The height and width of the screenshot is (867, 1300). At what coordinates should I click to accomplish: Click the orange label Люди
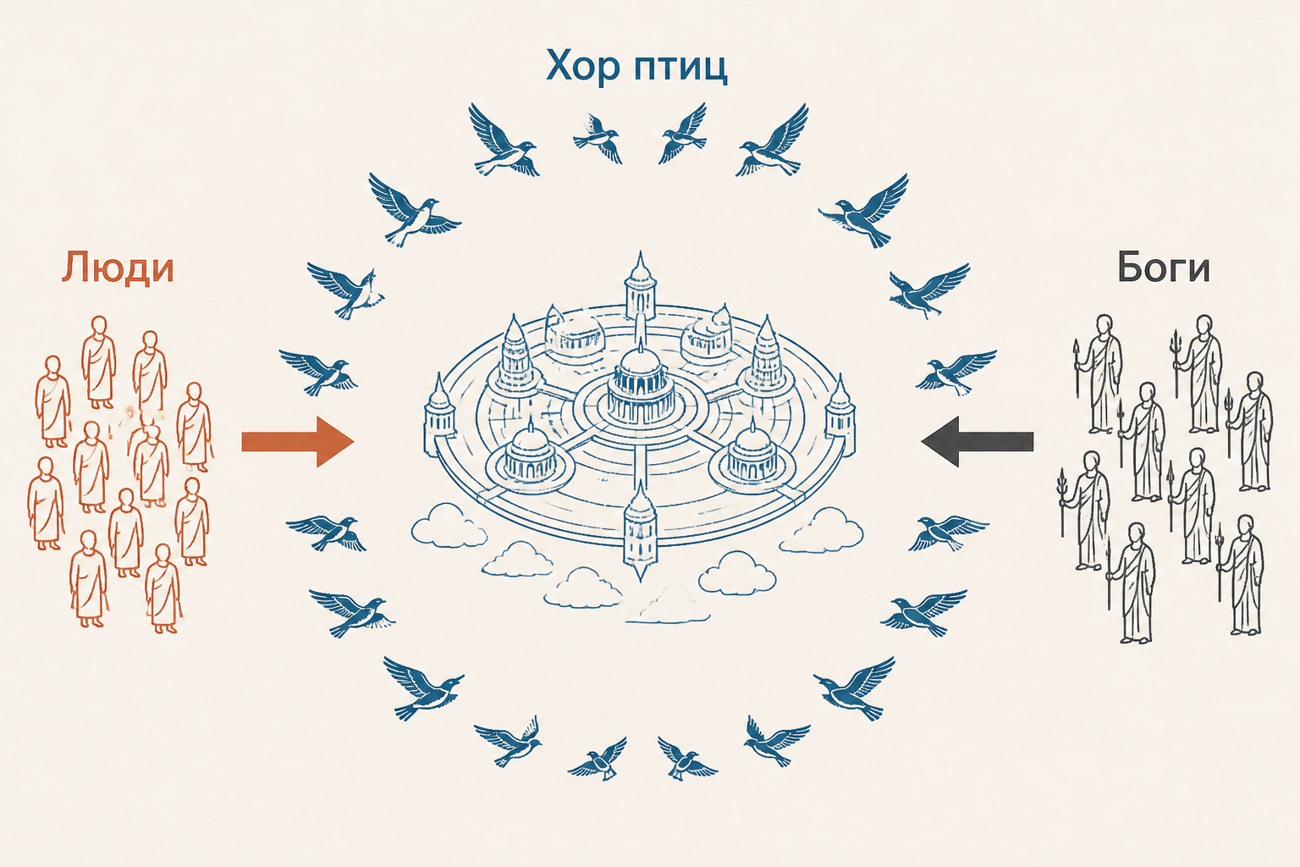tap(118, 268)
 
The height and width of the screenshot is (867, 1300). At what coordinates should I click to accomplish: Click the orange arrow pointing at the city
tap(298, 441)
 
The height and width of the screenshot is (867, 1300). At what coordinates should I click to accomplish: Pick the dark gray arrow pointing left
tap(978, 441)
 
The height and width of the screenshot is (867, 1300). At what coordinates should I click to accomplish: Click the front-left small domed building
tap(530, 460)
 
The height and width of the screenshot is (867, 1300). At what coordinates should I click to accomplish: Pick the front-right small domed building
tap(752, 459)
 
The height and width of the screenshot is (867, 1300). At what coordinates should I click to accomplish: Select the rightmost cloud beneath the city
tap(821, 531)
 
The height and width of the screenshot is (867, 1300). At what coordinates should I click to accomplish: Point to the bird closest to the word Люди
tap(346, 290)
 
